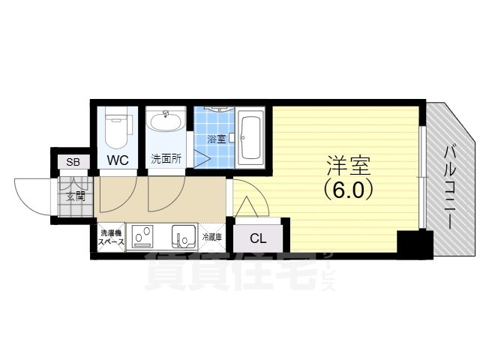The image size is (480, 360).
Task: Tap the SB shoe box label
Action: (73, 162)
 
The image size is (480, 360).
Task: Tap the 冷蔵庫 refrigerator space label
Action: (212, 238)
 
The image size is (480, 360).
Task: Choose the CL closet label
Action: (258, 239)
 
